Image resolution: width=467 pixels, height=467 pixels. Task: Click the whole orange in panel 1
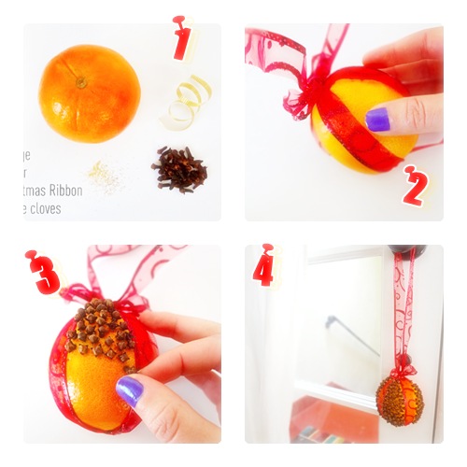coord(89,93)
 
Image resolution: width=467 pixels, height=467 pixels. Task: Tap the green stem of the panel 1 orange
coord(81,82)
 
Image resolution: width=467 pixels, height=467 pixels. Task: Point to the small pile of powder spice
coord(104,176)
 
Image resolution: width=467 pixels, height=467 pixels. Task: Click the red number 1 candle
coord(181,37)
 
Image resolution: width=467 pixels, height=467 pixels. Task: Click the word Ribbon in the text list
coord(64,191)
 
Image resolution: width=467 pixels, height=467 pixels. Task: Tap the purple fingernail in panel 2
coord(376,120)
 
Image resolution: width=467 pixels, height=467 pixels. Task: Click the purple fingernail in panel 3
coord(129,389)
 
